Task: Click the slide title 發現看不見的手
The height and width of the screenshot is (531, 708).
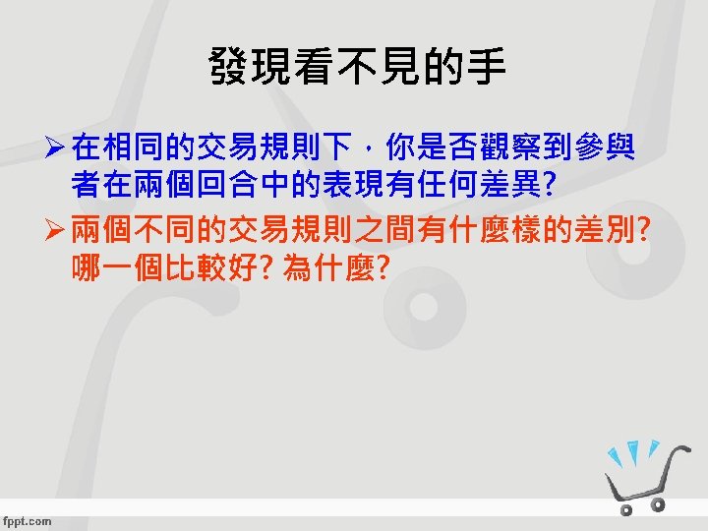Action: pos(357,68)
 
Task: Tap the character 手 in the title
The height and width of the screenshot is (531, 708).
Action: pos(487,68)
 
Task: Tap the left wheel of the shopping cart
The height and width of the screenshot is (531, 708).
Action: pos(626,510)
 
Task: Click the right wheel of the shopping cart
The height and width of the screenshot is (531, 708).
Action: pos(658,504)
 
